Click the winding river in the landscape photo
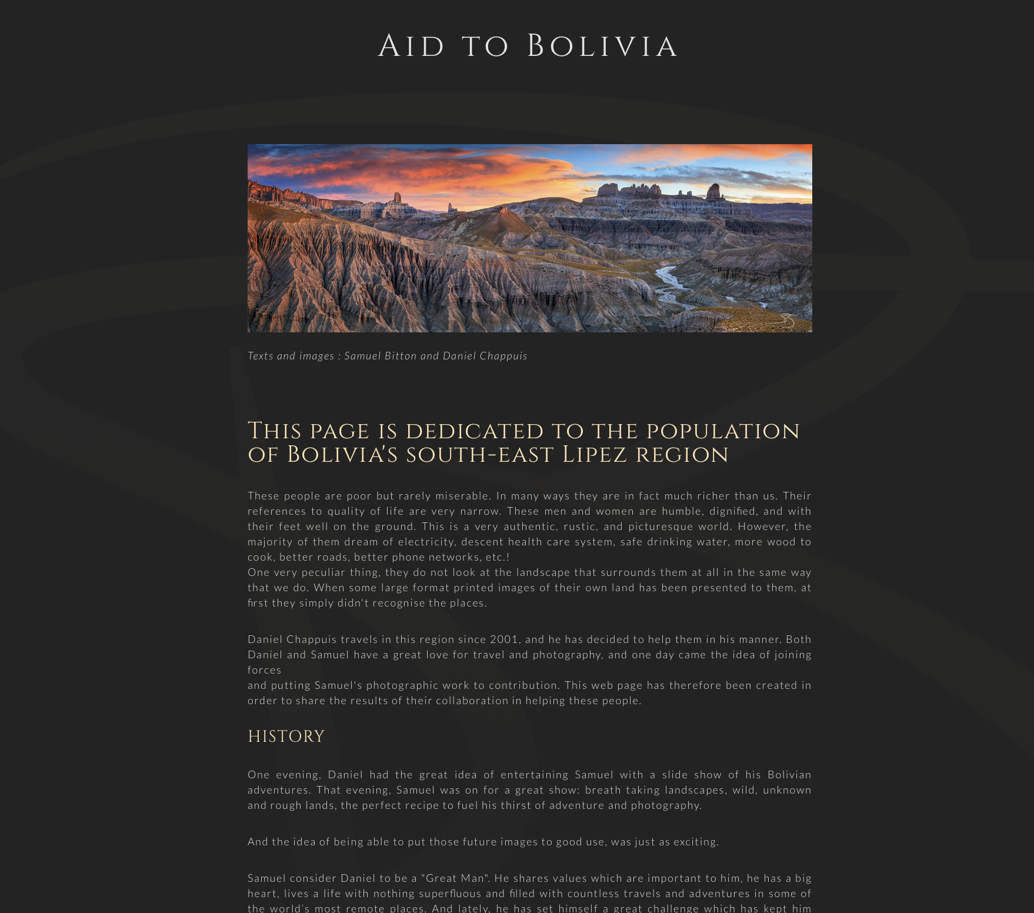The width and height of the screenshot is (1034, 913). (671, 282)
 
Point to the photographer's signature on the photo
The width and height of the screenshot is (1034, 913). (786, 321)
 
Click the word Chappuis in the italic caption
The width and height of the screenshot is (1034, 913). (503, 356)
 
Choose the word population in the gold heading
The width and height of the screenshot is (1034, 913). (723, 431)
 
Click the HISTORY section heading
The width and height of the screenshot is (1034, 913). (286, 737)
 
